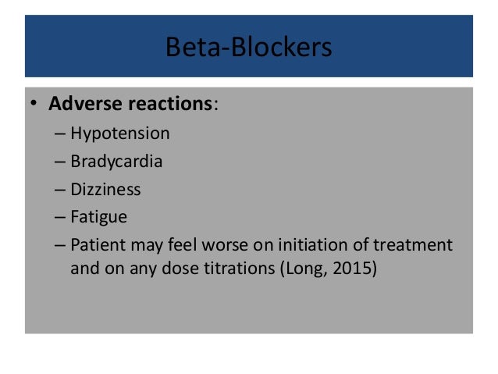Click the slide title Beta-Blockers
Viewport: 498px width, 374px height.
tap(248, 48)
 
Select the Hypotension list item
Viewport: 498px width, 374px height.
tap(119, 133)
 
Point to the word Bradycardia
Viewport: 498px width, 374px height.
tap(116, 161)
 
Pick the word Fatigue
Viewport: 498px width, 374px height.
tap(98, 217)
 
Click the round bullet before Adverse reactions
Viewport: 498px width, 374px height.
tap(35, 105)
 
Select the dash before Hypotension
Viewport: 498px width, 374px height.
tap(61, 134)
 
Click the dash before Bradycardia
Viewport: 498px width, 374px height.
tap(61, 162)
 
